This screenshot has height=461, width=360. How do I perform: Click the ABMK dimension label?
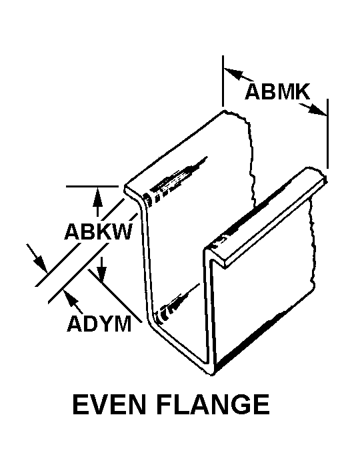tap(277, 91)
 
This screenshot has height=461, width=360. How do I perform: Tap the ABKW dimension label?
tap(98, 232)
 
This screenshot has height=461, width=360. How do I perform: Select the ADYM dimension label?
tap(99, 324)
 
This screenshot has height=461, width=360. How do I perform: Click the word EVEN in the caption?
tap(109, 404)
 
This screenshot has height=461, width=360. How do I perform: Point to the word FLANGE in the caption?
tap(213, 404)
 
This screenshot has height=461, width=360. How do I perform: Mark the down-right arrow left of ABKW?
tap(37, 258)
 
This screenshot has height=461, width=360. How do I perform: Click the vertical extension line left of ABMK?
tap(223, 81)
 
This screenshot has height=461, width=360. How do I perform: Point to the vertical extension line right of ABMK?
tap(327, 134)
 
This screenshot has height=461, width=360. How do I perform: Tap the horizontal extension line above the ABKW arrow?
tap(92, 186)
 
